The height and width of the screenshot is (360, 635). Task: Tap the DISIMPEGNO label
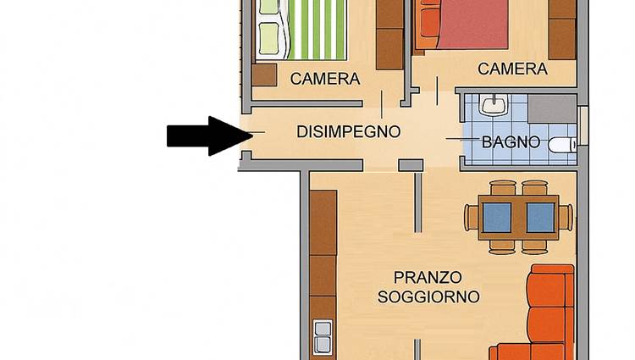pos(349,132)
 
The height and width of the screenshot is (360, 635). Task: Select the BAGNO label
pos(511,142)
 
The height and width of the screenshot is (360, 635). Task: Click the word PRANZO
pos(428,278)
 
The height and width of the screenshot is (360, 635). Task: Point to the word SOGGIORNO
pos(429,296)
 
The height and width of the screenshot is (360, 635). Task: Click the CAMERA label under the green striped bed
pos(325,79)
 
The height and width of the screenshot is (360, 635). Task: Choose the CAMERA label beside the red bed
pos(513,69)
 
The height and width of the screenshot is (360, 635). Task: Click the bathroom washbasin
pos(493,105)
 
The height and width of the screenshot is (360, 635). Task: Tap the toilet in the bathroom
pos(562,145)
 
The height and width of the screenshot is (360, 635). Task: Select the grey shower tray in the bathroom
pos(552,109)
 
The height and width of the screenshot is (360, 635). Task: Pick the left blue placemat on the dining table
pos(497,218)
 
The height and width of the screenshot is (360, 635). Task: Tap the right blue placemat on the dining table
pos(541,218)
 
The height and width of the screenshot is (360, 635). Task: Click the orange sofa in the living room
pos(543,316)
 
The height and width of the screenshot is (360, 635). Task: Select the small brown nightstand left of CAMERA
pos(264,75)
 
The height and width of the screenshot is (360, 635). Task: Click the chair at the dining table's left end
pos(472,218)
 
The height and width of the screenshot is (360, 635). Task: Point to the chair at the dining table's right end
pos(566,218)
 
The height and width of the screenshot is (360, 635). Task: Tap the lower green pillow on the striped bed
pos(269,39)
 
